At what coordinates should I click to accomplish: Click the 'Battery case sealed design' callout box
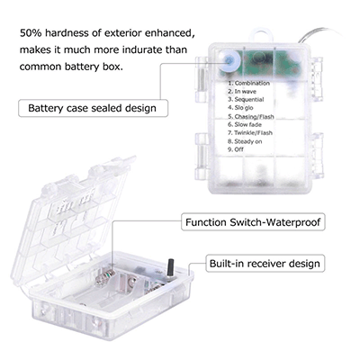pos(93,108)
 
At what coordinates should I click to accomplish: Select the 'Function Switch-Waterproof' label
pos(253,222)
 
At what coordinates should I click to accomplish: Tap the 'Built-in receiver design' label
pos(265,264)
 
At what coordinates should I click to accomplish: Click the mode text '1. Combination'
pos(248,84)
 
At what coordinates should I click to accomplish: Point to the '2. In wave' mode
pos(242,92)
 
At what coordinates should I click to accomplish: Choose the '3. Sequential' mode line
pos(246,100)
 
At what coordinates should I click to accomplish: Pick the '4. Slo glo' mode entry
pos(240,108)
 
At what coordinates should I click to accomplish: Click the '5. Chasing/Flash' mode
pos(251,116)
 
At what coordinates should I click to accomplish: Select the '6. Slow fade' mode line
pos(245,124)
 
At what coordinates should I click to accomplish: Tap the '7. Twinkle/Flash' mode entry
pos(250,133)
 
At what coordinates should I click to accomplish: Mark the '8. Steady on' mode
pos(245,141)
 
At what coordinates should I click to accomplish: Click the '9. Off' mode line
pos(236,149)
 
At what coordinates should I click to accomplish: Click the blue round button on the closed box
pos(229,61)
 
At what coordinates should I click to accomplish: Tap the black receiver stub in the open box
pos(172,268)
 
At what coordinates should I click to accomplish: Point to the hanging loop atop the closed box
pos(262,35)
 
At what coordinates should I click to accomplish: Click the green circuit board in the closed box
pos(272,63)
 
